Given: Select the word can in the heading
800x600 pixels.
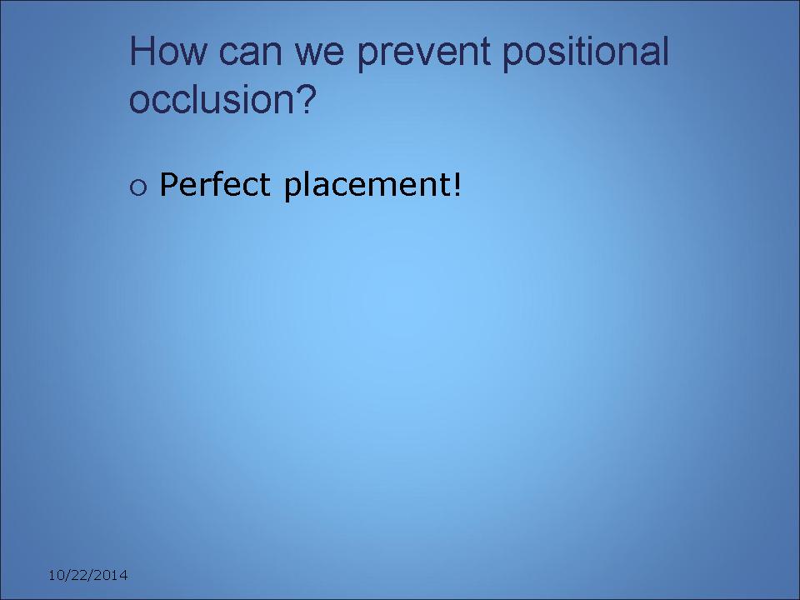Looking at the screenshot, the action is pos(250,55).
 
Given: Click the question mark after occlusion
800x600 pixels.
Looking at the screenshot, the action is pos(306,98).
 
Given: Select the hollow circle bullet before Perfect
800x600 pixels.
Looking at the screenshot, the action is pos(138,187).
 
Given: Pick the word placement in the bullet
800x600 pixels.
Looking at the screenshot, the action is pos(367,186).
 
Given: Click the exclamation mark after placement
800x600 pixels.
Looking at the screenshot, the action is pos(457,184).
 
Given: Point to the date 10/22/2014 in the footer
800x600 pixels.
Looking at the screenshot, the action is pos(87,576).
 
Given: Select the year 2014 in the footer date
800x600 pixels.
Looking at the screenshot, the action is pos(113,576).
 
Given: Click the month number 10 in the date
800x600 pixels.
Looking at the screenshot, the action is pos(55,576).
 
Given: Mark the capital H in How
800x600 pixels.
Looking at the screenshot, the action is pos(142,51).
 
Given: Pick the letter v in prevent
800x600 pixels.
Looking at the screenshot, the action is pos(416,55).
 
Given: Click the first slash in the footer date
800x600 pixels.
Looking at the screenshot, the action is pos(64,576).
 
